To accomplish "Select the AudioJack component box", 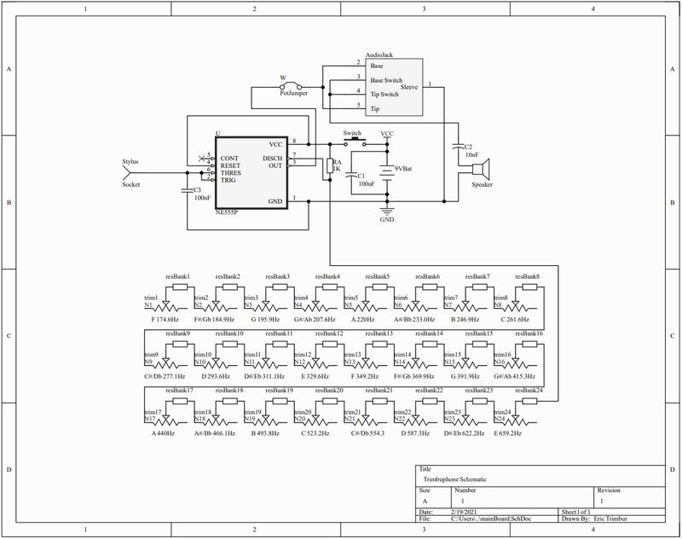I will pos(394,88).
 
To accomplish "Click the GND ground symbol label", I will pos(387,219).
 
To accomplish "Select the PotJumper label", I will pos(293,93).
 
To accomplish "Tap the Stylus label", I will pos(130,160).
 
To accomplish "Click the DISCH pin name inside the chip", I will pos(272,159).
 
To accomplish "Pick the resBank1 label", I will pos(177,276).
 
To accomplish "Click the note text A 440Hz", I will pos(163,433).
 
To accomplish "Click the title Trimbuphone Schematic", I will pos(454,480).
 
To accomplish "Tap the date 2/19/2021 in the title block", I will pos(465,511).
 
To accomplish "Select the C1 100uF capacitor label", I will pos(367,179).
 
